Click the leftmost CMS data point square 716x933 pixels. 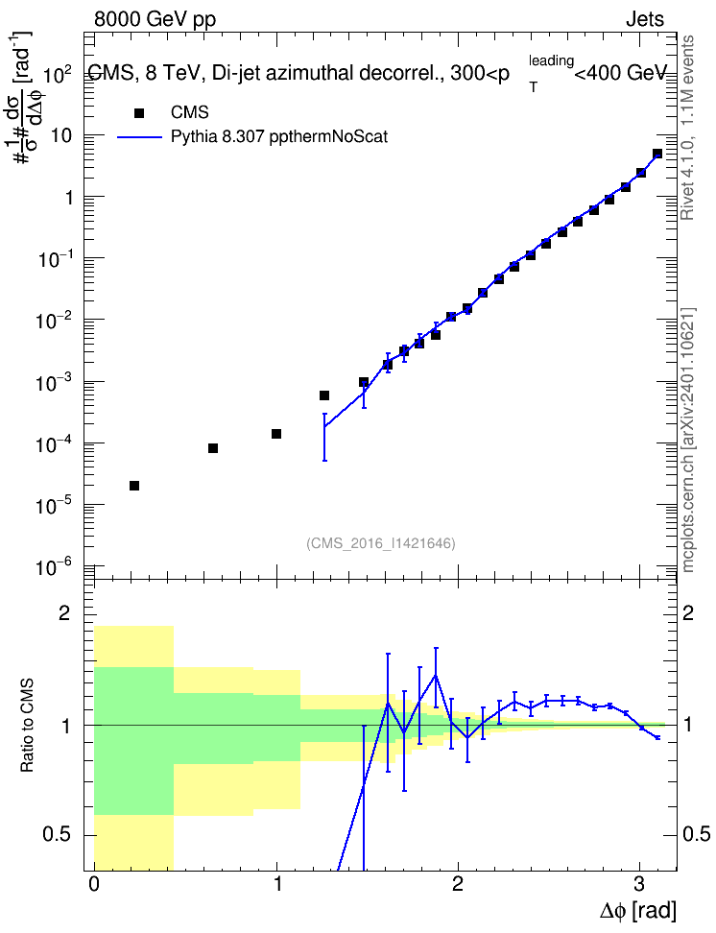(134, 486)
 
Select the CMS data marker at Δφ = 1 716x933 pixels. (276, 434)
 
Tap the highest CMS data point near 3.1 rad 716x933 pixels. (657, 154)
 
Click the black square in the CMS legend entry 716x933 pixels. (139, 113)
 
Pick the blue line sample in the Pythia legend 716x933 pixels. (139, 137)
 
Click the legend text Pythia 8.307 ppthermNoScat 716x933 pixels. (279, 137)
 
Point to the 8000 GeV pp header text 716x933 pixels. (155, 19)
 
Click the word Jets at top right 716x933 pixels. (645, 19)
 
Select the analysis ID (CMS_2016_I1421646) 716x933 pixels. (381, 543)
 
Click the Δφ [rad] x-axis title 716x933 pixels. (637, 910)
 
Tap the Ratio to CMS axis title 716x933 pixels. (27, 725)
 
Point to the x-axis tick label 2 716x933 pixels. (457, 884)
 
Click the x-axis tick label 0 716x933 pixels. (94, 884)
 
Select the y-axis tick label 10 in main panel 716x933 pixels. (61, 135)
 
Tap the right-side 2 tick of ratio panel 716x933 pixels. (687, 613)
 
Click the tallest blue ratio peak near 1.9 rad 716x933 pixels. (436, 676)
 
